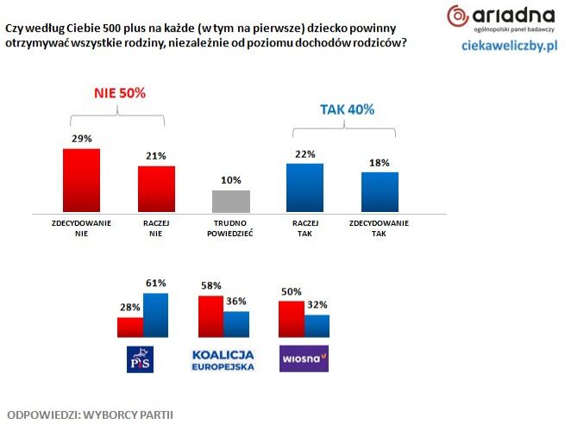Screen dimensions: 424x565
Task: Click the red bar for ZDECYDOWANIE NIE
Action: pyautogui.click(x=81, y=180)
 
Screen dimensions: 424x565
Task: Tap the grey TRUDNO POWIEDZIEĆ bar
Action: pyautogui.click(x=230, y=201)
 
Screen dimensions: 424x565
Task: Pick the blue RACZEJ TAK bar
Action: pyautogui.click(x=304, y=187)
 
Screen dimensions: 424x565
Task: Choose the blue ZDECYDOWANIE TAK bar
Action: pyautogui.click(x=380, y=191)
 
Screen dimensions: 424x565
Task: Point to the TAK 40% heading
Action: pyautogui.click(x=346, y=109)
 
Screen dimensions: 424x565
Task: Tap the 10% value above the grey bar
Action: pyautogui.click(x=230, y=180)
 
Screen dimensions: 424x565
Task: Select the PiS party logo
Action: pyautogui.click(x=140, y=359)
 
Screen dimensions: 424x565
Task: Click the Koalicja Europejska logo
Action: pyautogui.click(x=223, y=359)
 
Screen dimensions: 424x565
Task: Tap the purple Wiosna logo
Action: pyautogui.click(x=304, y=359)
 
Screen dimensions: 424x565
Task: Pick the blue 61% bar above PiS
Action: pyautogui.click(x=156, y=316)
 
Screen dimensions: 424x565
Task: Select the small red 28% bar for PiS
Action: pyautogui.click(x=130, y=328)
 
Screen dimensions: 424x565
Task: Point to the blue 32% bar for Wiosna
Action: pyautogui.click(x=317, y=327)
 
